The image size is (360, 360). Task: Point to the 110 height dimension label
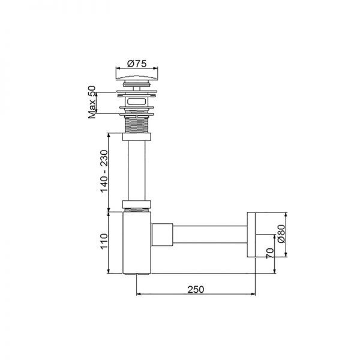103,242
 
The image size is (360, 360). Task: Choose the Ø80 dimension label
280,235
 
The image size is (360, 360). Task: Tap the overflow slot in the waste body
137,102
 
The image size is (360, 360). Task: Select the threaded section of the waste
137,125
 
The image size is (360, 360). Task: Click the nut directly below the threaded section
137,137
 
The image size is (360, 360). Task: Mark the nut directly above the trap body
137,203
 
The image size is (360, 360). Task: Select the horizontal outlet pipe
210,235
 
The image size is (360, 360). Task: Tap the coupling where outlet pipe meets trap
162,235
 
